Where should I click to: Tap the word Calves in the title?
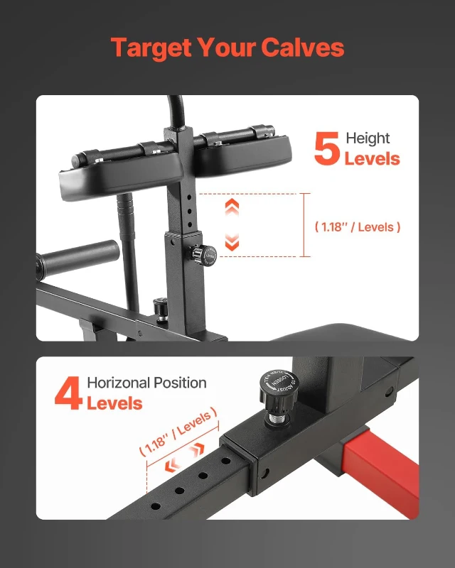[303, 48]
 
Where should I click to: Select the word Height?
[368, 138]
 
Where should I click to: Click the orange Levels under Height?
[372, 158]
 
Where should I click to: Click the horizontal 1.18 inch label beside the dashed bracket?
[357, 227]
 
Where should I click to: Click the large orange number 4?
[68, 394]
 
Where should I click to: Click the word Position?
[180, 383]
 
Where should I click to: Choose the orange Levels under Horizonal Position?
[114, 403]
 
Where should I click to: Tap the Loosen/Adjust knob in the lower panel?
[272, 388]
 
